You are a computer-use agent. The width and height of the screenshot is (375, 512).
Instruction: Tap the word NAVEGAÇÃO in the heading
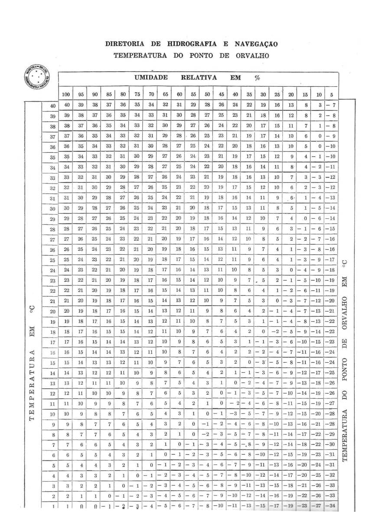[256, 44]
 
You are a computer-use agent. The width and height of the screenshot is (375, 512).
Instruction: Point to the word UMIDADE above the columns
[151, 78]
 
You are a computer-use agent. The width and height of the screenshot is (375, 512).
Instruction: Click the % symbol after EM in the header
[257, 78]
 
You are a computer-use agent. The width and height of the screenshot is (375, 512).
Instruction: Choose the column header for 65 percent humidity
[165, 94]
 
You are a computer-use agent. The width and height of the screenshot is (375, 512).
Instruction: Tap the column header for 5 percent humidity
[332, 94]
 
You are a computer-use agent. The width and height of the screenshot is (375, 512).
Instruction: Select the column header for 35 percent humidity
[249, 94]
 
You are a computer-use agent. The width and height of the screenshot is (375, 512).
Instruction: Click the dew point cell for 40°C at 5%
[331, 105]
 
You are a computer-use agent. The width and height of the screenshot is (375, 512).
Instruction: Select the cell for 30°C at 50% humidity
[207, 208]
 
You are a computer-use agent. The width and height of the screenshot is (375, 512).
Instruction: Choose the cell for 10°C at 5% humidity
[331, 414]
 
